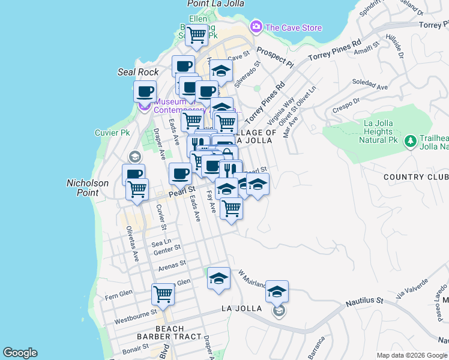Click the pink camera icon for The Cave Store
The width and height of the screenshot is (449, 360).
(256, 26)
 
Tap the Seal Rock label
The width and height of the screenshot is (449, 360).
(138, 72)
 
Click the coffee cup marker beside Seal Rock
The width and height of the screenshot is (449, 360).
(145, 92)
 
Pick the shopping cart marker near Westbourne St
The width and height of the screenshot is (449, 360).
(163, 295)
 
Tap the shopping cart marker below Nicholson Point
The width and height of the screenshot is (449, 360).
(137, 190)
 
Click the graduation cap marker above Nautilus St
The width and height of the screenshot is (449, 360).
(277, 292)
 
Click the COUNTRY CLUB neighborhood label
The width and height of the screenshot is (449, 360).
(415, 178)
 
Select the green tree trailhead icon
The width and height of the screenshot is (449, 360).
(411, 141)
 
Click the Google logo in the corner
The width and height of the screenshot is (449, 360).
(20, 353)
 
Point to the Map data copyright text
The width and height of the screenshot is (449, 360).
(411, 355)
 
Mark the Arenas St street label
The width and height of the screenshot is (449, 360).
(172, 265)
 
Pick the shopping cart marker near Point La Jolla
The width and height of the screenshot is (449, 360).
(196, 35)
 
